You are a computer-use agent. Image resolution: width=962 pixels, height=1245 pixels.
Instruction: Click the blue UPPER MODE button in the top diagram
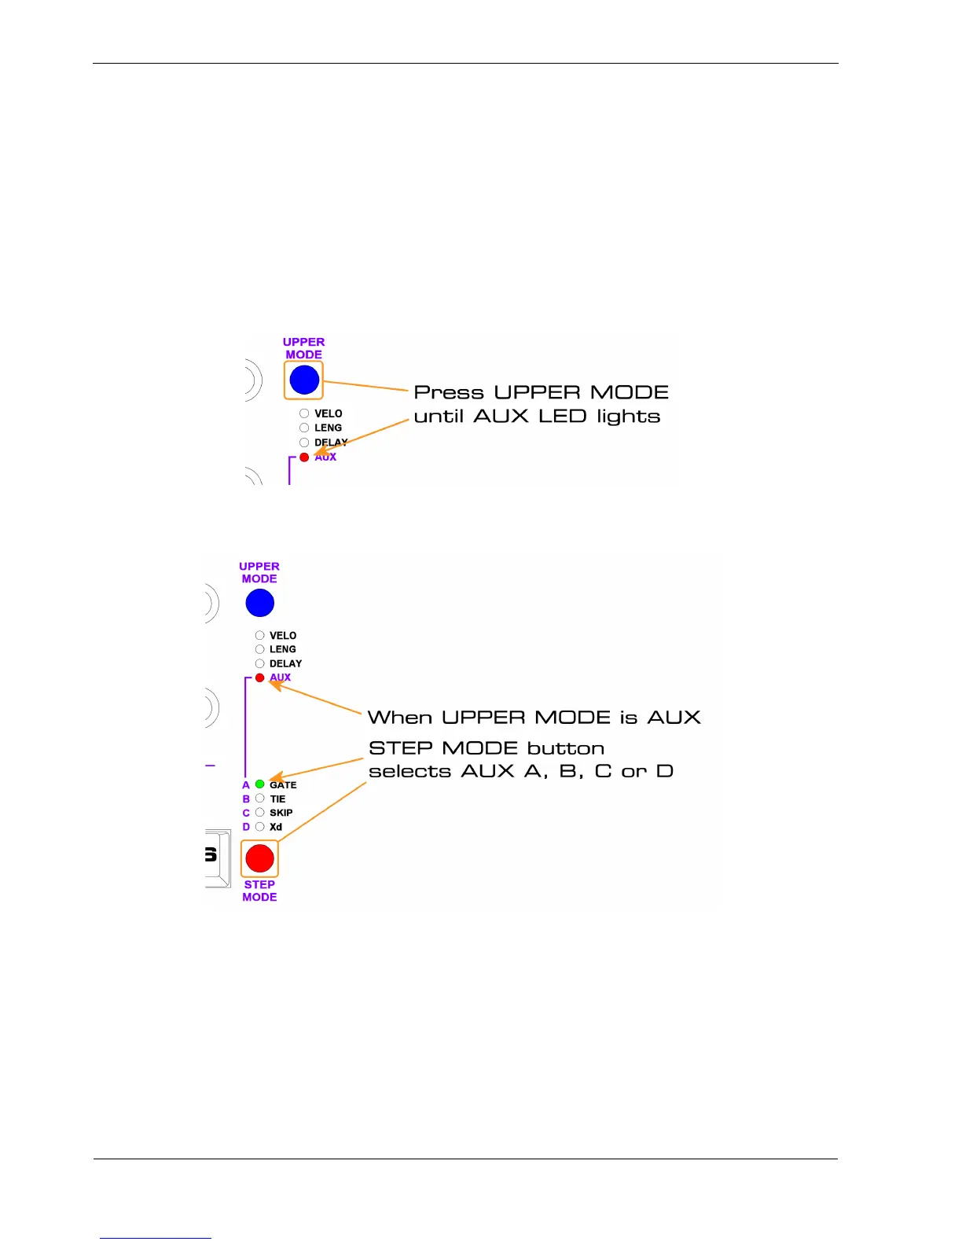click(304, 380)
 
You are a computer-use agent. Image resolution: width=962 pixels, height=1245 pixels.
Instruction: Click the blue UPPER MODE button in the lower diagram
click(259, 604)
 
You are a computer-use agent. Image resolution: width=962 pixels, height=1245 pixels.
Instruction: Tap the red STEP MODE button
click(259, 858)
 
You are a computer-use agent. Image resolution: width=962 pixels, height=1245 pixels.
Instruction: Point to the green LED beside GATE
click(259, 784)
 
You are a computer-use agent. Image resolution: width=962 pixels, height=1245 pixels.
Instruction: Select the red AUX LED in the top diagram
click(304, 457)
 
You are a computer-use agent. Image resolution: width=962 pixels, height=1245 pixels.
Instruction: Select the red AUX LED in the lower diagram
click(259, 678)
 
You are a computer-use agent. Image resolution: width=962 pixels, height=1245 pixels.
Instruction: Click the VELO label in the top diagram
click(329, 413)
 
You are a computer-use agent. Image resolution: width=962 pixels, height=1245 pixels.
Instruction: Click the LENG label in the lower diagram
click(283, 649)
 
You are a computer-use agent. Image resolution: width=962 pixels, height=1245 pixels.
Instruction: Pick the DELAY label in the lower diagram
click(285, 663)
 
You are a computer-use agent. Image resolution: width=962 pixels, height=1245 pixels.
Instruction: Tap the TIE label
click(277, 799)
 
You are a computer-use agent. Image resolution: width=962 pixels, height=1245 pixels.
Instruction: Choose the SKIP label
click(281, 813)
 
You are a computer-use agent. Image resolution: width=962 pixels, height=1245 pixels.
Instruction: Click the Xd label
click(276, 827)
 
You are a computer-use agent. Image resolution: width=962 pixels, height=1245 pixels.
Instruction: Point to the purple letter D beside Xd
click(246, 827)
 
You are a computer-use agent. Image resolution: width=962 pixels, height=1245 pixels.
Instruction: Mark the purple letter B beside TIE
click(246, 799)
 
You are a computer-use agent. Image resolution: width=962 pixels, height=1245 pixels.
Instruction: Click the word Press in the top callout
click(449, 392)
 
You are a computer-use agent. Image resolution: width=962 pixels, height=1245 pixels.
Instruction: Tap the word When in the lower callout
click(400, 718)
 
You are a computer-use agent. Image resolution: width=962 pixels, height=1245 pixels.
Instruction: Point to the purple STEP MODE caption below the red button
click(259, 891)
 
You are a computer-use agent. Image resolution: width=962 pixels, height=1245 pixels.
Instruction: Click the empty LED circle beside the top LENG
click(304, 428)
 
